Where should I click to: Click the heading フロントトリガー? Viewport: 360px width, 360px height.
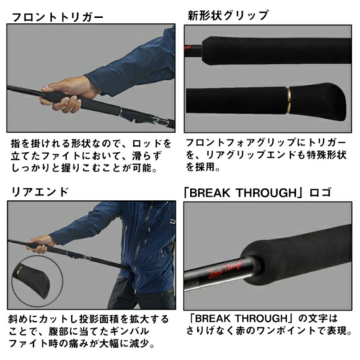pos(58,17)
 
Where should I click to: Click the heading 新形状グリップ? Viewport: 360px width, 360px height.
pos(227,15)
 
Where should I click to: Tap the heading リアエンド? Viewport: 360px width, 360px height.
pos(40,192)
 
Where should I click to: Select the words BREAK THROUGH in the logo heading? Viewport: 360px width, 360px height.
pos(243,193)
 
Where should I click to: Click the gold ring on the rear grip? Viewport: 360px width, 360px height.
pos(289,99)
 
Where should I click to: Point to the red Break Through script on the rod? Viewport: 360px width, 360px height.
pos(225,269)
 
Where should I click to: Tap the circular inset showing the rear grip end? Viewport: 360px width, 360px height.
pos(37,281)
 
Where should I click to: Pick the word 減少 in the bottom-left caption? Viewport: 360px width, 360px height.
pos(139,343)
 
